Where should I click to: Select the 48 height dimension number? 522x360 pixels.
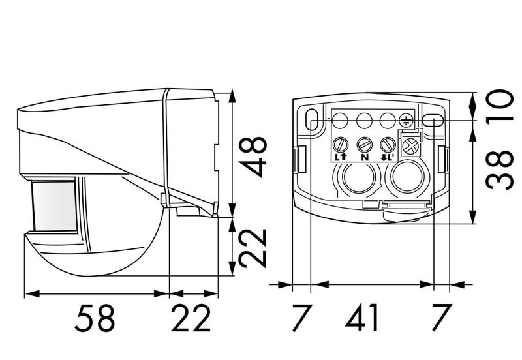254,157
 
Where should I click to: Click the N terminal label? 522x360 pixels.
363,157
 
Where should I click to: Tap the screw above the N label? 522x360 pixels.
363,144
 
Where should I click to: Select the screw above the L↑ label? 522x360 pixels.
340,144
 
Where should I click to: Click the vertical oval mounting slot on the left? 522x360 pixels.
312,122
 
